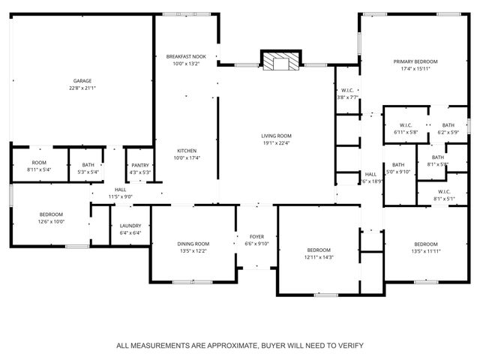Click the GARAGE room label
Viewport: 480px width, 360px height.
tap(82, 80)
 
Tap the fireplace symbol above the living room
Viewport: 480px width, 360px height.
tap(280, 61)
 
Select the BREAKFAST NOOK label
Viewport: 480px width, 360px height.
tap(186, 57)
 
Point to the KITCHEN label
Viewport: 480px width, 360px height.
tap(186, 150)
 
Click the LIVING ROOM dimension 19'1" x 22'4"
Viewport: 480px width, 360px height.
tap(276, 143)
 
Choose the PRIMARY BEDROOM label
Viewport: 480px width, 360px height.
tap(415, 61)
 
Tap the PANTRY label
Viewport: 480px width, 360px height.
tap(140, 165)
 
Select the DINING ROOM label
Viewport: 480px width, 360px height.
tap(193, 244)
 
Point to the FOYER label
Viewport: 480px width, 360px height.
tap(257, 237)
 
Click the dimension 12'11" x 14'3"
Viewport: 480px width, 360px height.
tap(318, 257)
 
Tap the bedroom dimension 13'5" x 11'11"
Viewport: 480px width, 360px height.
tap(426, 251)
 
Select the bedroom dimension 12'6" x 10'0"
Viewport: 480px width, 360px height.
tap(52, 222)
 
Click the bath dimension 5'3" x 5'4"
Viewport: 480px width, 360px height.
tap(88, 172)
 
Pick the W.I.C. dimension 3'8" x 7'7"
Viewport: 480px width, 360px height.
tap(347, 97)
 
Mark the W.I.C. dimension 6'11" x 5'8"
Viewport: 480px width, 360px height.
tap(406, 132)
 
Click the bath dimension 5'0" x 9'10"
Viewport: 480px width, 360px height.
tap(397, 172)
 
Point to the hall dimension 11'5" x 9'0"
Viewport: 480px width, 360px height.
tap(120, 196)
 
